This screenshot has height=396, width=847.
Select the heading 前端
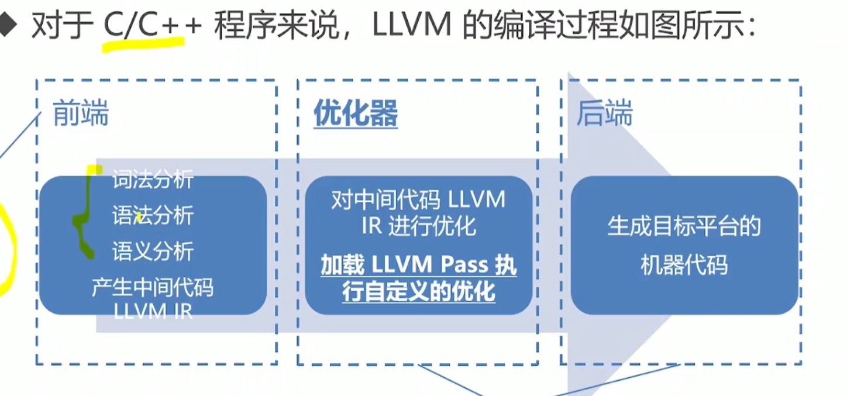point(81,113)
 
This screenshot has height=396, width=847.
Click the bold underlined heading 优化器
point(356,113)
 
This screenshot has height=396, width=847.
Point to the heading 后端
point(604,113)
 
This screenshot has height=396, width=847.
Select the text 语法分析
point(153,216)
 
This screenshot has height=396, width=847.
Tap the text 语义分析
point(153,252)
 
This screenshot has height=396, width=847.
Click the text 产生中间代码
point(153,288)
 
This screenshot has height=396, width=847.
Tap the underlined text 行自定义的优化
point(418,292)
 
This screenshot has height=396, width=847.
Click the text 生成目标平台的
point(684,226)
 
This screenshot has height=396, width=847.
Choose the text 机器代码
point(684,266)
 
